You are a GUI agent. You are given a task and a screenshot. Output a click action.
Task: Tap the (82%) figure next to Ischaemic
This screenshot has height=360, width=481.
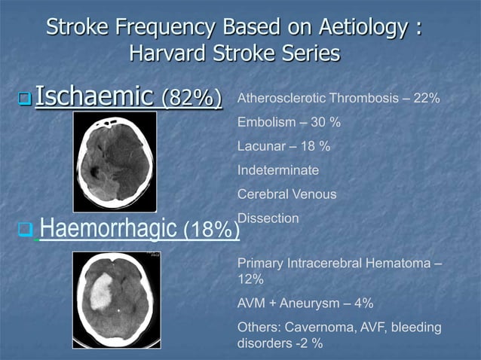(x=191, y=99)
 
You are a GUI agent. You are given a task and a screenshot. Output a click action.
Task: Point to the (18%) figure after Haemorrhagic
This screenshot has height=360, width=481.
(x=212, y=229)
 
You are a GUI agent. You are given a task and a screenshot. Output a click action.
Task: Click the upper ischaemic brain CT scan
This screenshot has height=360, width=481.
(x=115, y=161)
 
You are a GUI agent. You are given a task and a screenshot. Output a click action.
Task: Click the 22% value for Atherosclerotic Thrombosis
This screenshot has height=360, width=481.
(x=427, y=99)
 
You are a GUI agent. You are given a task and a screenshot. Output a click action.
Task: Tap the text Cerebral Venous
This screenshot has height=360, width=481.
(x=286, y=194)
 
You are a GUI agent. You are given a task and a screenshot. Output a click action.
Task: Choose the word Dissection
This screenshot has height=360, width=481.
(x=268, y=218)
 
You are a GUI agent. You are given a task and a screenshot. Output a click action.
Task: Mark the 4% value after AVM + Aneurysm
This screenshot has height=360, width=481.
(x=363, y=304)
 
